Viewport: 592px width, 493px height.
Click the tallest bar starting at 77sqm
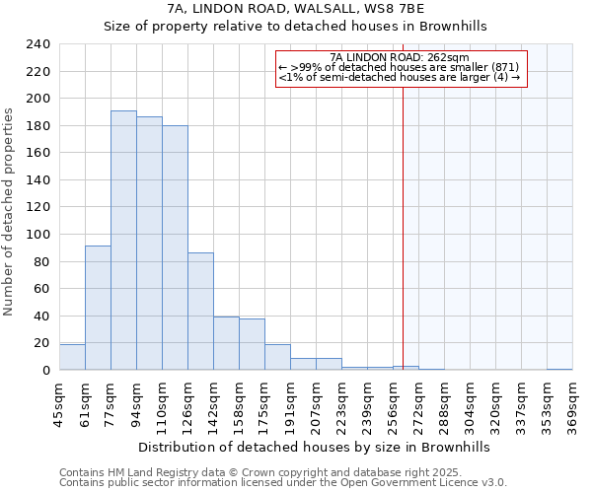tap(123, 241)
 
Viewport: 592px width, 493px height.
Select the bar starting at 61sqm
tap(98, 308)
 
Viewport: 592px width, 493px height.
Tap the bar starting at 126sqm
tap(200, 312)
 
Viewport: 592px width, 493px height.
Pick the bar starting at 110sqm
tap(175, 247)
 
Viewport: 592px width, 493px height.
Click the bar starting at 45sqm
tap(72, 357)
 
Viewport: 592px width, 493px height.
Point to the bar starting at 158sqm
tap(252, 344)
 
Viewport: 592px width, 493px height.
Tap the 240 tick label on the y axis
tap(37, 44)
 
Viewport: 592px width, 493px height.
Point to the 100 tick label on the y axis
tap(37, 235)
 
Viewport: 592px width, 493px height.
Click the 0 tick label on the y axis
tap(45, 371)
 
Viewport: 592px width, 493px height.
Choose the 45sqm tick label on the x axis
tap(59, 402)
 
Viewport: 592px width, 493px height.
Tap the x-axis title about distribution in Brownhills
tap(314, 447)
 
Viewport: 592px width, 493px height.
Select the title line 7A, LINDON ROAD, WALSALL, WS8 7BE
tap(296, 9)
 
